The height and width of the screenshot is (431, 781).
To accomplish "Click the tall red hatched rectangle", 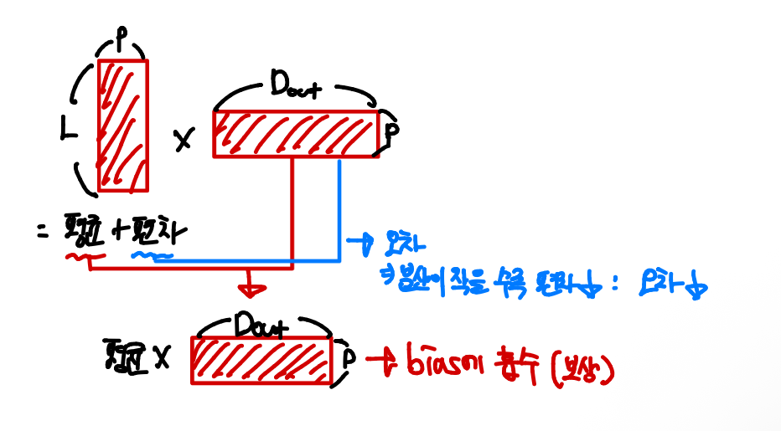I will [123, 126].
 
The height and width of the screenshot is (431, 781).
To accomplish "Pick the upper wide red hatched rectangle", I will [297, 134].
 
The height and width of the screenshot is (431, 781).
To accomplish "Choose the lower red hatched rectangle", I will [262, 361].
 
